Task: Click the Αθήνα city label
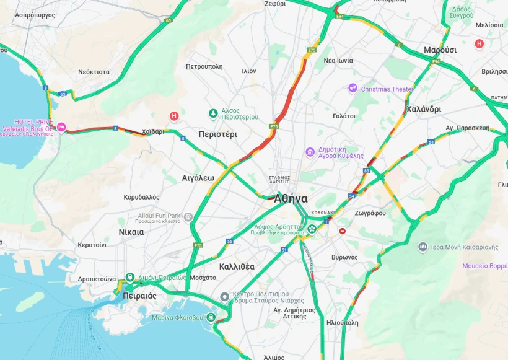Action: (291, 199)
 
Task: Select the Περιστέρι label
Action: (219, 134)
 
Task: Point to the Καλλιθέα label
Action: (237, 266)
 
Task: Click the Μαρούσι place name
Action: (440, 50)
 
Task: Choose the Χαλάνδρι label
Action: (424, 109)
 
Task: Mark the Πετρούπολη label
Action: (204, 66)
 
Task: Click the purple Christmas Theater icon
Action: (353, 89)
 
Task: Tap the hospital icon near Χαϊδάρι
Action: (175, 116)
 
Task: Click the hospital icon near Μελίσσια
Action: (479, 44)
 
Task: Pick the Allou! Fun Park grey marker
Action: (188, 217)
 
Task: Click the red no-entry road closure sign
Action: (342, 231)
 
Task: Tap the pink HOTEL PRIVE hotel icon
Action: (61, 128)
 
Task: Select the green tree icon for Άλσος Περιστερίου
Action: (213, 113)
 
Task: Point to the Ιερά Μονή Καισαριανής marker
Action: (423, 247)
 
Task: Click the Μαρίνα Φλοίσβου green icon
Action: (211, 318)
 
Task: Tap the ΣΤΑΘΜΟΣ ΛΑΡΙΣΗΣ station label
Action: (283, 180)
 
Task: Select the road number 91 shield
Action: (284, 250)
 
